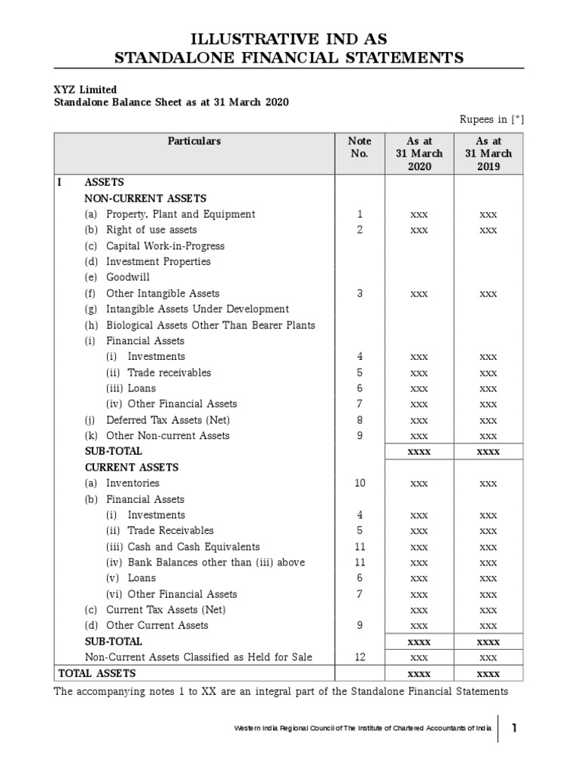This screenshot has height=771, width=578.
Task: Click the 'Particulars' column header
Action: pyautogui.click(x=194, y=141)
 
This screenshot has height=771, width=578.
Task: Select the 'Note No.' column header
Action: pyautogui.click(x=359, y=147)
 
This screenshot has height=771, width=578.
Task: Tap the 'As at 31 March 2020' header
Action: pyautogui.click(x=419, y=154)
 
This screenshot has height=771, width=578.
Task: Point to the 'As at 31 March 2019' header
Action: pyautogui.click(x=488, y=154)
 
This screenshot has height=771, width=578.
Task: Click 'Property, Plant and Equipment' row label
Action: pyautogui.click(x=180, y=215)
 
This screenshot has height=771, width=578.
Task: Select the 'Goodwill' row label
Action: pyautogui.click(x=128, y=277)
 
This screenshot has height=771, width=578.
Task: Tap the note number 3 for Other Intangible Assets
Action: pyautogui.click(x=360, y=294)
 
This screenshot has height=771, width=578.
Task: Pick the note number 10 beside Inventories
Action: pyautogui.click(x=360, y=483)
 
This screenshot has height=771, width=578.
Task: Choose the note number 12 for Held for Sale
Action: pyautogui.click(x=360, y=657)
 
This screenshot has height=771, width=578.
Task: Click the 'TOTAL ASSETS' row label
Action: pyautogui.click(x=97, y=673)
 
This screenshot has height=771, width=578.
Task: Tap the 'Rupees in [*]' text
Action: pyautogui.click(x=491, y=119)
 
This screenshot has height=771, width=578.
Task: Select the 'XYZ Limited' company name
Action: pyautogui.click(x=85, y=90)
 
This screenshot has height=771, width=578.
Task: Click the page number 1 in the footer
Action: pyautogui.click(x=514, y=728)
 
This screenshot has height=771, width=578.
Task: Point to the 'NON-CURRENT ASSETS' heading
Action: pyautogui.click(x=145, y=199)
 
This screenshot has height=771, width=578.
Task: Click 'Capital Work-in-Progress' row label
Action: pyautogui.click(x=165, y=246)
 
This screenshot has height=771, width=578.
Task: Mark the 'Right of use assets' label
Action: pyautogui.click(x=151, y=230)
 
